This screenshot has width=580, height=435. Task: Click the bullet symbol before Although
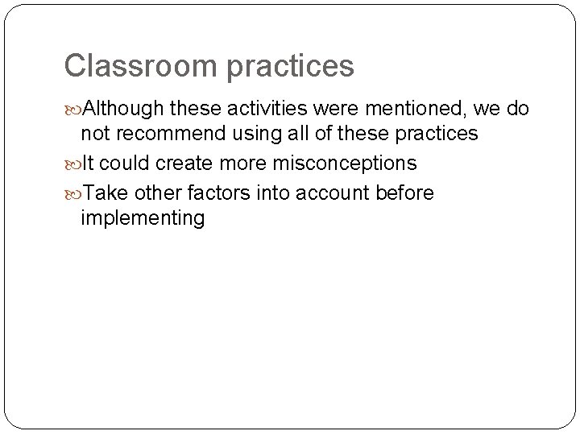[x=73, y=109]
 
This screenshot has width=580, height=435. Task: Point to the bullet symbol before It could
[x=73, y=164]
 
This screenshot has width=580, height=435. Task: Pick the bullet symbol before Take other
[x=73, y=193]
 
